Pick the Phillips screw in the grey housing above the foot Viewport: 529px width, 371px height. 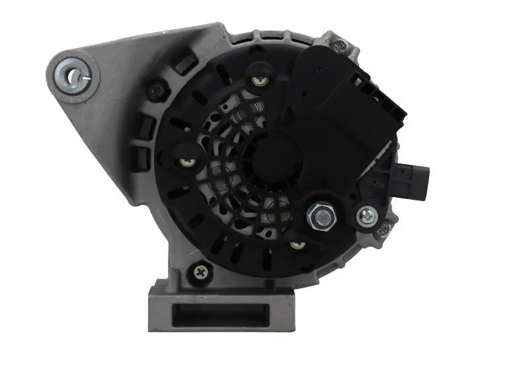(200, 270)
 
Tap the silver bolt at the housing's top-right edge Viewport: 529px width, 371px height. (340, 46)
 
